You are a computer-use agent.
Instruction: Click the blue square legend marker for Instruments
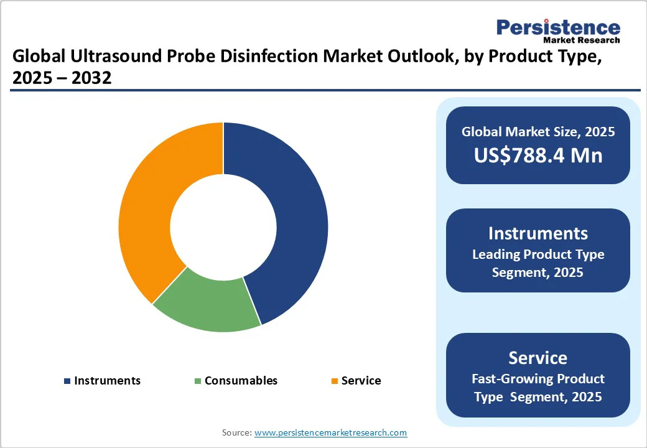67,381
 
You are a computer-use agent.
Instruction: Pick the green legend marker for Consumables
198,381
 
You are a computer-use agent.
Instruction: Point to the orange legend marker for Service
334,381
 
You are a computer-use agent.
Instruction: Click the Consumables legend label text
241,381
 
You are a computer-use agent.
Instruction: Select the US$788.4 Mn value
538,155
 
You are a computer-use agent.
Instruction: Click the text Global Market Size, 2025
538,132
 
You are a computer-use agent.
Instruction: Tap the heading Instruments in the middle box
538,233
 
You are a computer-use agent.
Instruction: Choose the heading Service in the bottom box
538,358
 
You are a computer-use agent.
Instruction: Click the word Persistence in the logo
558,28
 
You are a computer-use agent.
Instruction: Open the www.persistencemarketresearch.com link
330,432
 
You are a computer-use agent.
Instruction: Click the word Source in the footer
236,432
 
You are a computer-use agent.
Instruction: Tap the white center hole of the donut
223,227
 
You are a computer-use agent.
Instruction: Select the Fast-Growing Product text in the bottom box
538,379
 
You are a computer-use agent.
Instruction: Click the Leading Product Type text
538,254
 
